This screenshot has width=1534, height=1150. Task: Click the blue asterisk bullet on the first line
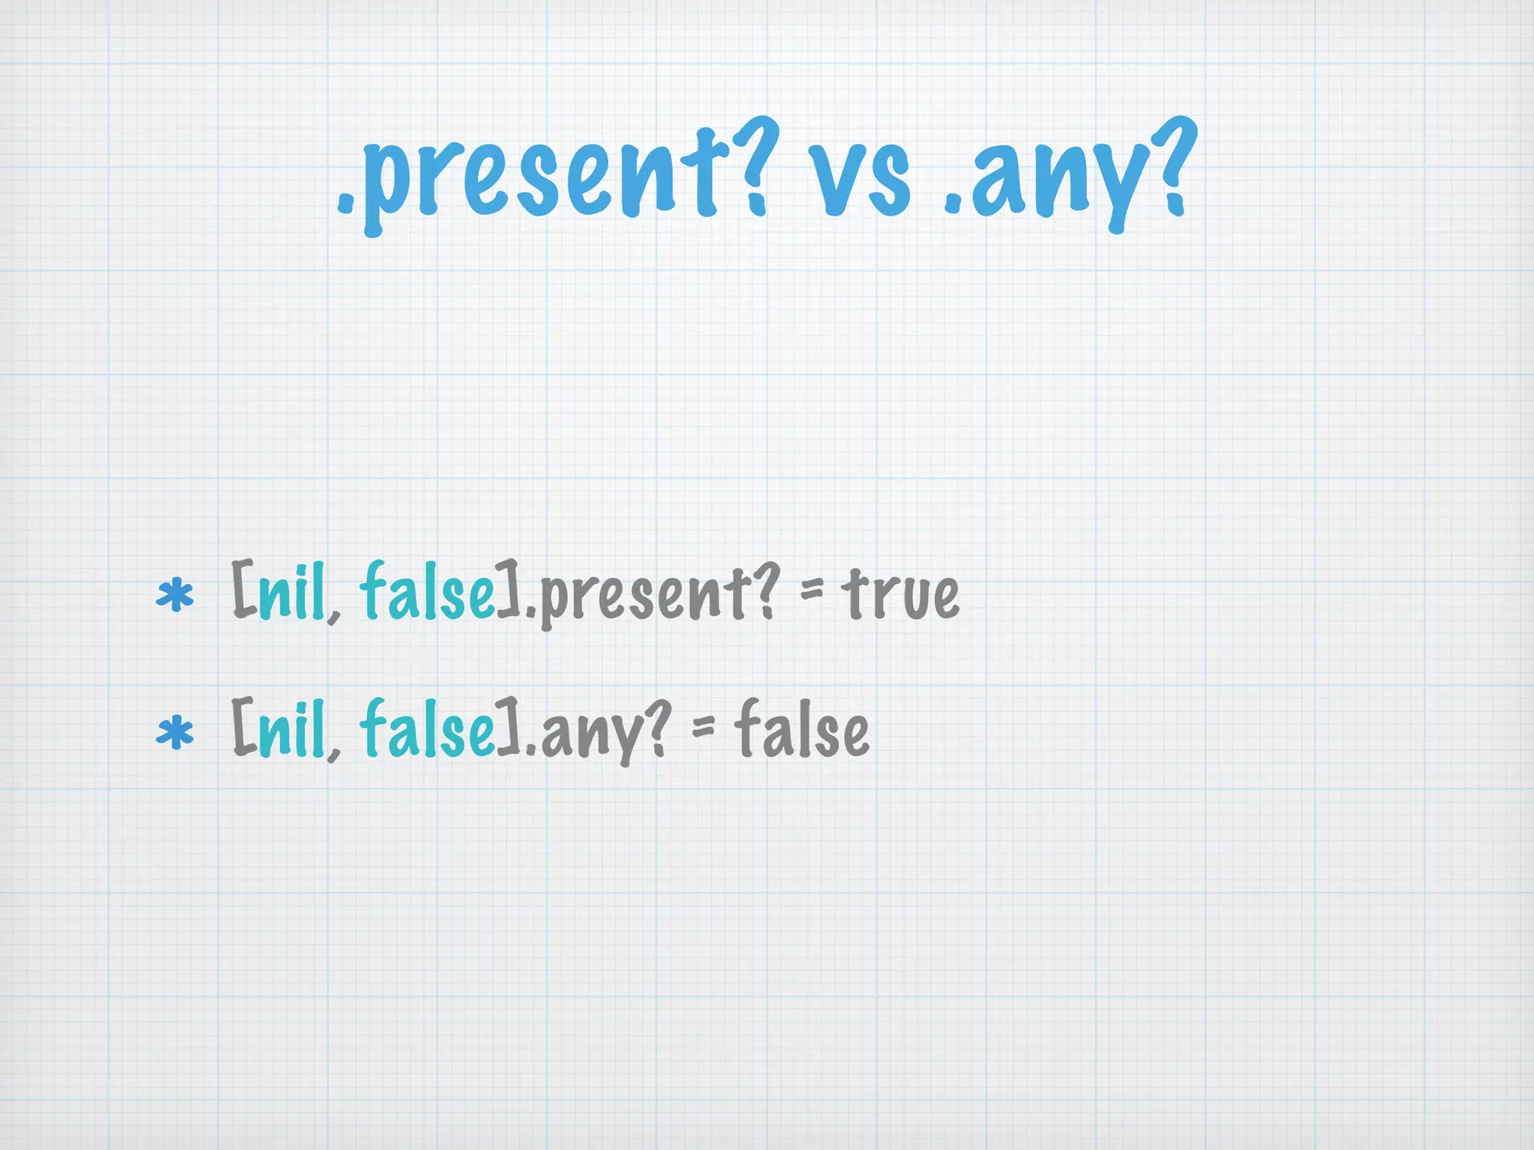click(175, 597)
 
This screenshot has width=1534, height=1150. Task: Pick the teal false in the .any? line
click(426, 730)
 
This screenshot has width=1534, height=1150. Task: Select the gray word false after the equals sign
click(801, 730)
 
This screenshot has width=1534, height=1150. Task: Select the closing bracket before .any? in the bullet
click(509, 728)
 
